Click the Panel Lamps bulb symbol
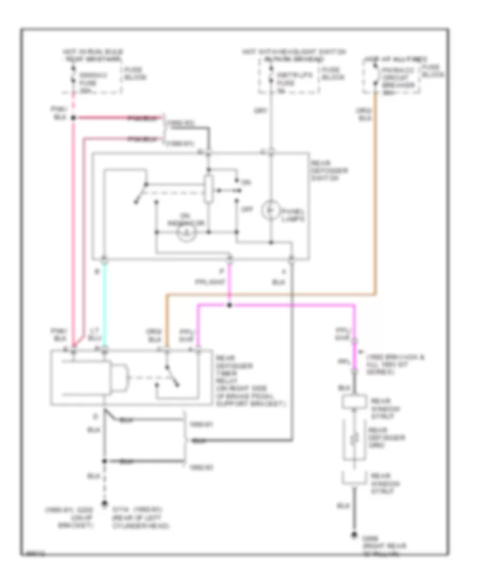[x=269, y=211]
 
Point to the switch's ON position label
[x=245, y=182]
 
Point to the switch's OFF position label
[x=246, y=209]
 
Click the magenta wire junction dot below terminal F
[x=229, y=306]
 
